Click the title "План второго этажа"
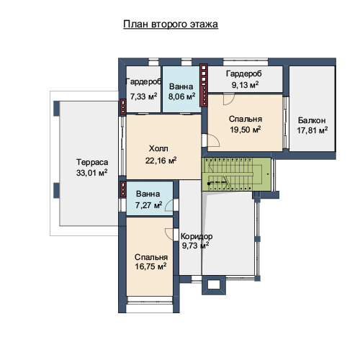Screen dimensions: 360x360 coord(171,24)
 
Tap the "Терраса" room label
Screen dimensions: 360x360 coord(92,162)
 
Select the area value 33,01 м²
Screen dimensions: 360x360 coord(91,173)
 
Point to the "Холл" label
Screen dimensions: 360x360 coord(158,148)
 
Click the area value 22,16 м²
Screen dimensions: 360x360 coord(161,161)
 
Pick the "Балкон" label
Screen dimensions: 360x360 coord(312,120)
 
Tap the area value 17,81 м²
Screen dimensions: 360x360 coord(312,130)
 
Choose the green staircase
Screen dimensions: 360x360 coord(236,174)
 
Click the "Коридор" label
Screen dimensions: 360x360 coord(197,236)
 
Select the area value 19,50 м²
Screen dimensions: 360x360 coord(246,130)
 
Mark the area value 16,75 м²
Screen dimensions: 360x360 coord(150,266)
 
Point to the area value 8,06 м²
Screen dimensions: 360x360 coord(181,96)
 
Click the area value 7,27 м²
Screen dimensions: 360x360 coord(148,205)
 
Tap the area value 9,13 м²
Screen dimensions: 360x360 coord(245,85)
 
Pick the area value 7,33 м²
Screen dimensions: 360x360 coord(143,96)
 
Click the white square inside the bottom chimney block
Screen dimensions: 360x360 coord(214,284)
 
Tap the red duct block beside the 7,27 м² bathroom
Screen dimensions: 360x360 coord(123,189)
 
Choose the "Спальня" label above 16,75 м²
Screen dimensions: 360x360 coord(151,257)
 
